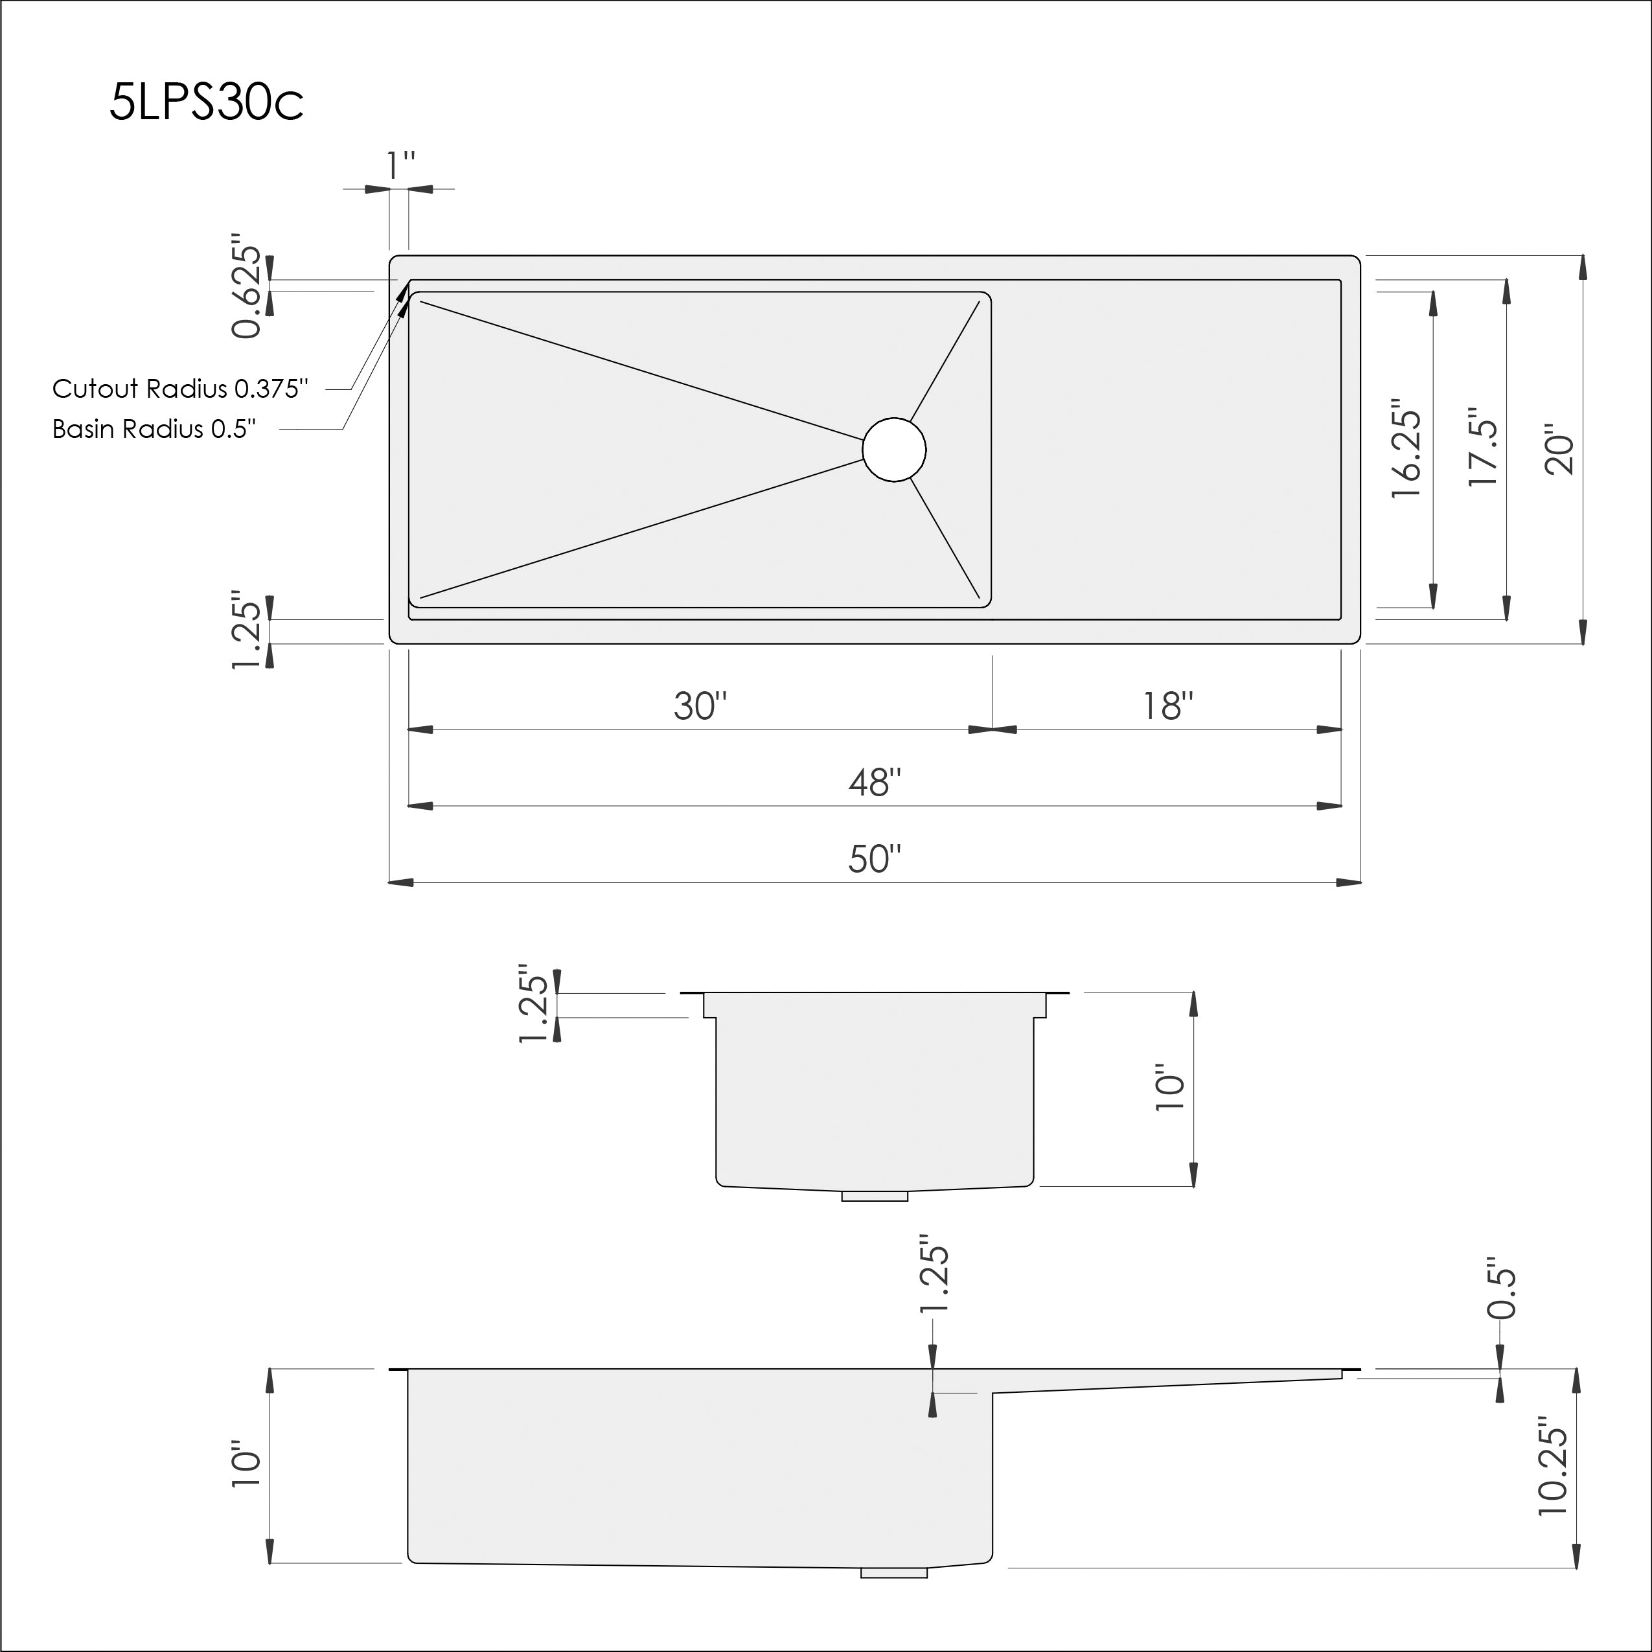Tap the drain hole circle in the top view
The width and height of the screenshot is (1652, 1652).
[893, 450]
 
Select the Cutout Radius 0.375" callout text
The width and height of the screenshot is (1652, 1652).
[179, 389]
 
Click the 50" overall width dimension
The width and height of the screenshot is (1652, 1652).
[874, 858]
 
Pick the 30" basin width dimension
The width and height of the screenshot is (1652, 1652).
[700, 706]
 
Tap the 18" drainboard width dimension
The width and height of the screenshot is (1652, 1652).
[1167, 706]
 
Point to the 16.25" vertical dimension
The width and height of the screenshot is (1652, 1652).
[1406, 449]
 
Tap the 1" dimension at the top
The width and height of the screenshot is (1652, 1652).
[399, 166]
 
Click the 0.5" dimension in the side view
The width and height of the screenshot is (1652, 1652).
[1502, 1288]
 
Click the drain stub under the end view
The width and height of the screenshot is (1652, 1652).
[874, 1195]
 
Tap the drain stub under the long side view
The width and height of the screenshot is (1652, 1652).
[893, 1572]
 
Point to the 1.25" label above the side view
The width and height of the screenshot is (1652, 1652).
[934, 1273]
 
